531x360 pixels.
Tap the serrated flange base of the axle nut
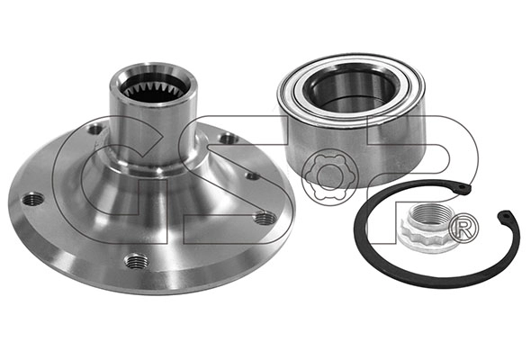[x=418, y=241]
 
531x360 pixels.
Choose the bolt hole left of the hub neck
[x=95, y=130]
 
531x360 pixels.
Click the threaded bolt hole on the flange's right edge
[x=264, y=217]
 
